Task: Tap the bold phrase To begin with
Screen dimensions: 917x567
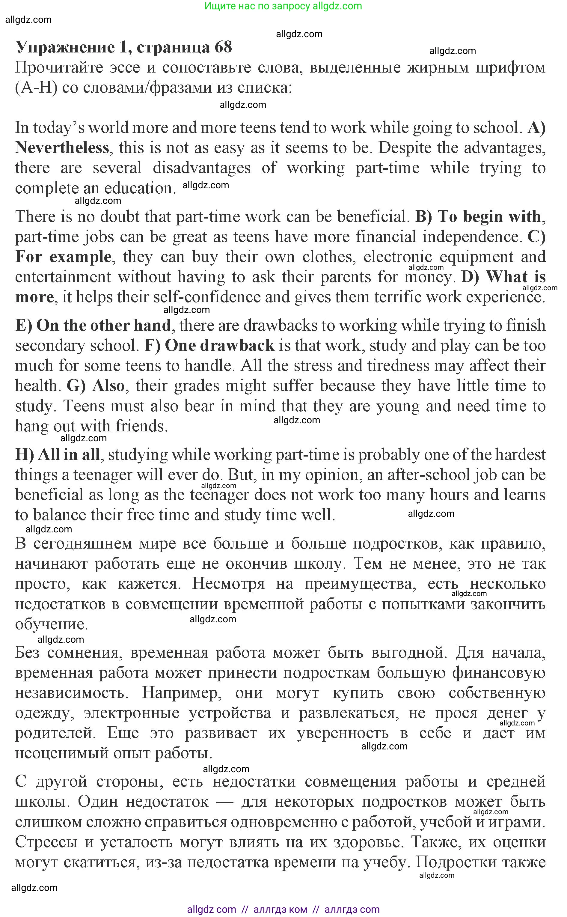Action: (489, 216)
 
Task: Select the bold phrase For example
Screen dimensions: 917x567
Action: (63, 257)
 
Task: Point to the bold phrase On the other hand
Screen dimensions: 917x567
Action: (103, 325)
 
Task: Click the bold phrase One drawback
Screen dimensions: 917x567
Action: (219, 345)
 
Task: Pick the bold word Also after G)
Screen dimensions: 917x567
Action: (108, 386)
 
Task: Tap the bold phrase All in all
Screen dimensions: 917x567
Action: (69, 454)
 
